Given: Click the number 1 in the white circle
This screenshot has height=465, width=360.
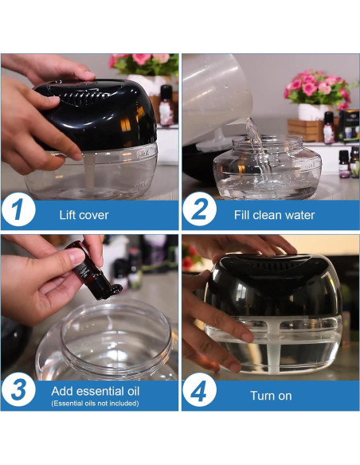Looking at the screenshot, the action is pyautogui.click(x=18, y=210).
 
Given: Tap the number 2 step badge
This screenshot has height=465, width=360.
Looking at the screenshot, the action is pyautogui.click(x=199, y=209).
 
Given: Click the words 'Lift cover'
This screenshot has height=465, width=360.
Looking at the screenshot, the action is pyautogui.click(x=84, y=215).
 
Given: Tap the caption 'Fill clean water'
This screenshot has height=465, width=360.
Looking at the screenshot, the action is pyautogui.click(x=274, y=215).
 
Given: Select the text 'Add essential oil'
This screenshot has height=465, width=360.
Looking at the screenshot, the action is pyautogui.click(x=96, y=392).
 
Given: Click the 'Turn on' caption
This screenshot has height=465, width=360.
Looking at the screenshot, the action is pyautogui.click(x=271, y=396).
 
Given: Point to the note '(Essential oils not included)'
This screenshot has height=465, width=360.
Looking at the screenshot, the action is pyautogui.click(x=95, y=404).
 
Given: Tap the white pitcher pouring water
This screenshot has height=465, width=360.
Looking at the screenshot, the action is pyautogui.click(x=217, y=95).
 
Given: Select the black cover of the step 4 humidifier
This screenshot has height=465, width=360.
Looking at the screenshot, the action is pyautogui.click(x=273, y=285).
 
